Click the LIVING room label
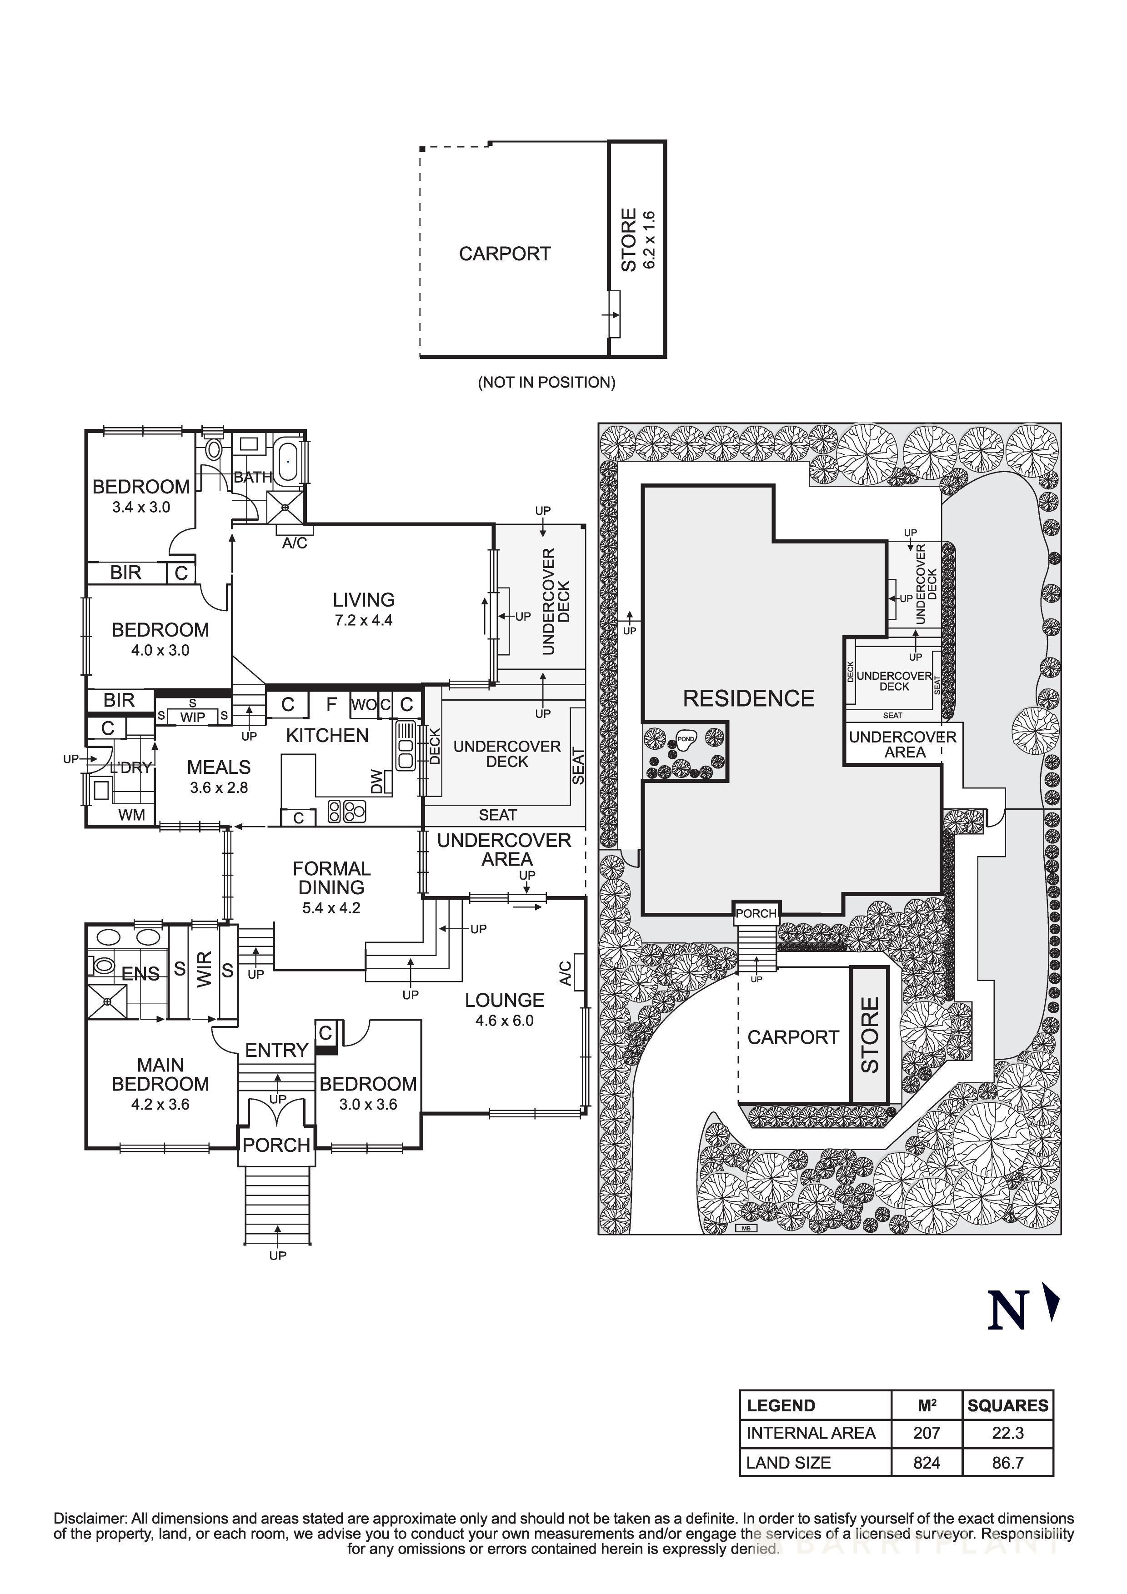pyautogui.click(x=363, y=600)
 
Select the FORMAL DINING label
pyautogui.click(x=331, y=877)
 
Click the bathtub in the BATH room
pyautogui.click(x=287, y=459)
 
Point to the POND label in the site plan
pyautogui.click(x=686, y=739)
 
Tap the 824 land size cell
pyautogui.click(x=927, y=1463)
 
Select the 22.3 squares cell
pyautogui.click(x=1007, y=1433)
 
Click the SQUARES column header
pyautogui.click(x=1007, y=1405)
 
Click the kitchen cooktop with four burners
pyautogui.click(x=346, y=811)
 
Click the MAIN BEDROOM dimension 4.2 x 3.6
pyautogui.click(x=160, y=1104)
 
